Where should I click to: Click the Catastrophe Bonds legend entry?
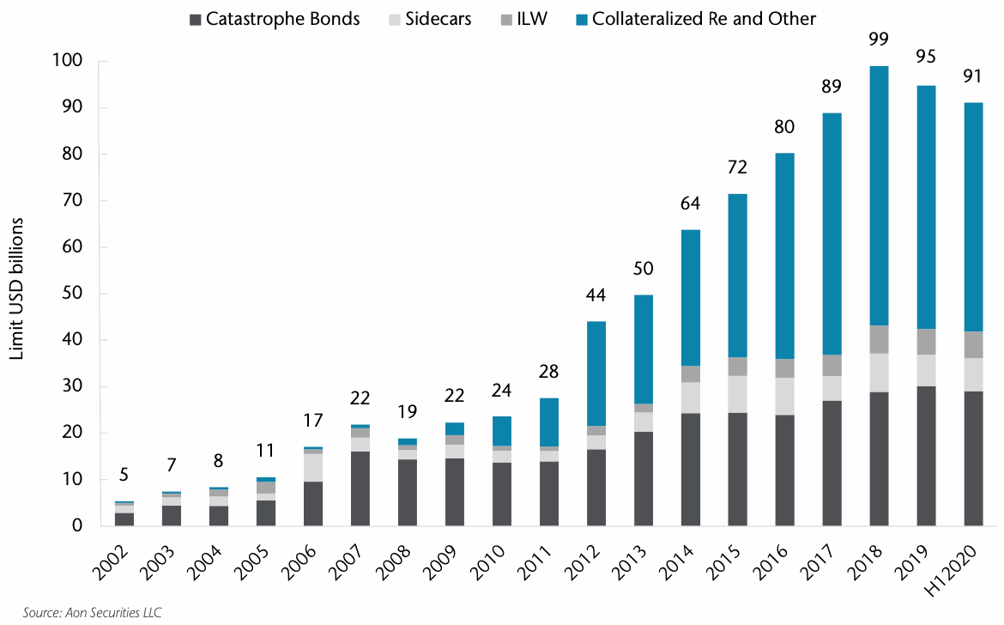[275, 19]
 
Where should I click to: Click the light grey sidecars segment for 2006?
[313, 468]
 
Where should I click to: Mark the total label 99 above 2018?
[879, 39]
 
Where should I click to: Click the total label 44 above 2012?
[596, 294]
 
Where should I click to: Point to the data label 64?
[691, 203]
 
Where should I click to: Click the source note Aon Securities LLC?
[82, 612]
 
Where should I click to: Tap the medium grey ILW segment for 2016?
[784, 368]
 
